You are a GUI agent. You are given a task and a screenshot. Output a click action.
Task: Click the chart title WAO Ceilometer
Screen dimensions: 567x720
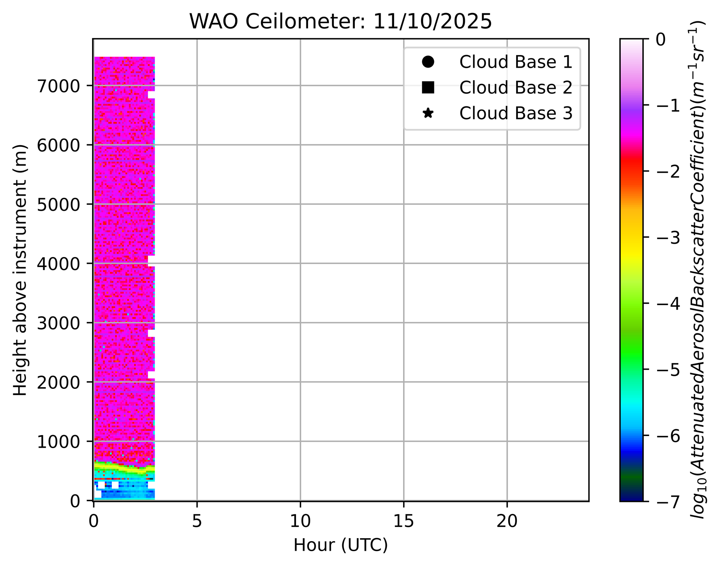coord(340,22)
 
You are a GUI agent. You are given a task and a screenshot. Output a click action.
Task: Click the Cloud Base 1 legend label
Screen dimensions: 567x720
coord(516,62)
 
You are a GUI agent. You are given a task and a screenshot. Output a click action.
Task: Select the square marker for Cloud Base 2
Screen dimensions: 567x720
coord(428,88)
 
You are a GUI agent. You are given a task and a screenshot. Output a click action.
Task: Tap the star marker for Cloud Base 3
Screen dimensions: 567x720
coord(428,113)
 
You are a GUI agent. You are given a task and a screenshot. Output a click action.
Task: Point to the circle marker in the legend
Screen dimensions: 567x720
coord(428,62)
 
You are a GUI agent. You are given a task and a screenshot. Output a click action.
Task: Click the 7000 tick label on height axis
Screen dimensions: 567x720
coord(58,86)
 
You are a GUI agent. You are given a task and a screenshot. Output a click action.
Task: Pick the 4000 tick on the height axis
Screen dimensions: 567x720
coord(58,264)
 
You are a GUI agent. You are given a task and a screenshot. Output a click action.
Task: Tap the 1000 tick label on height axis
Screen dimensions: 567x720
coord(58,441)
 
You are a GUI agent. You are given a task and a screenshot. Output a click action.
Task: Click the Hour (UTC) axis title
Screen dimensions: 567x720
coord(340,545)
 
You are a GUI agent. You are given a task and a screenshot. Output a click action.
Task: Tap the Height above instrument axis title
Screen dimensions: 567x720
coord(20,270)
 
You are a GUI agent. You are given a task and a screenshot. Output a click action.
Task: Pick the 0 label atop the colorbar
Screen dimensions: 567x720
coord(661,40)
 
